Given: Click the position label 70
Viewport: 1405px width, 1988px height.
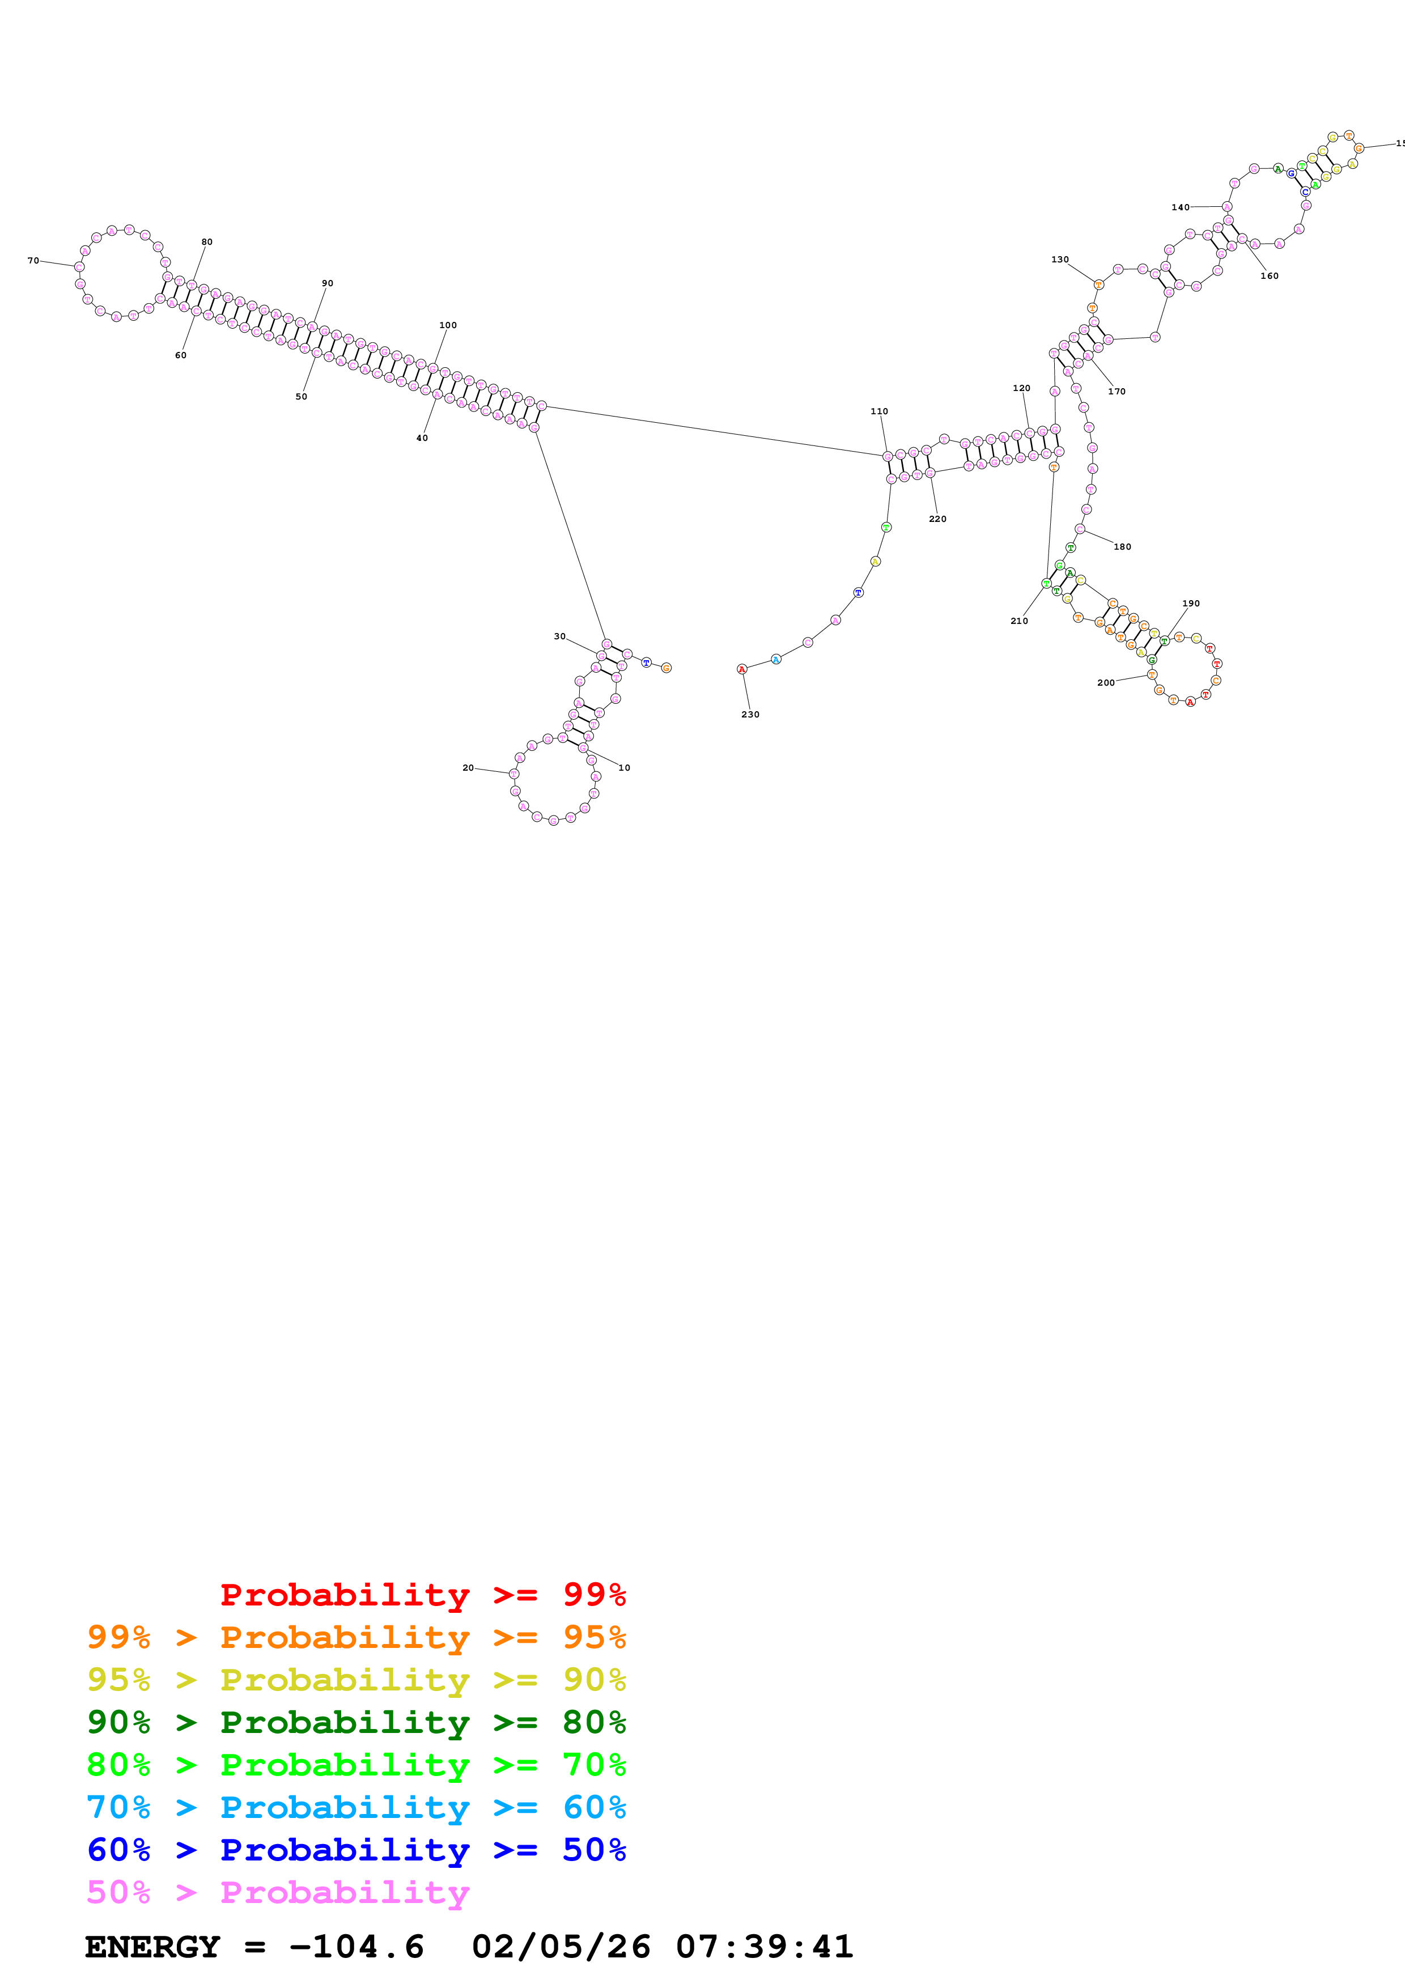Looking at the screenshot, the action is coord(33,261).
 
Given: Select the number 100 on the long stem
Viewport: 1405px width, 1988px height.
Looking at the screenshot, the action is coord(448,325).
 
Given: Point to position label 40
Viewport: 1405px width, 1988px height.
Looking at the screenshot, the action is coord(422,438).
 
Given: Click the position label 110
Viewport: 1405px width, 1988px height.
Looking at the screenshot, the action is coord(878,411).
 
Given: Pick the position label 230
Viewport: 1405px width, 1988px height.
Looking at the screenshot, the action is coord(750,714).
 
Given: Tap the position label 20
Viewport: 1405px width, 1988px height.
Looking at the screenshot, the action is coord(468,768).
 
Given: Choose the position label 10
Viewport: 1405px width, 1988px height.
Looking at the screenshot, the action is coord(624,768).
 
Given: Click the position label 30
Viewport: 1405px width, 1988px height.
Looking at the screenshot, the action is coord(559,636).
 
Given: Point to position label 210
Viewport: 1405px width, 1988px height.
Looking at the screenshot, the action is coord(1019,621).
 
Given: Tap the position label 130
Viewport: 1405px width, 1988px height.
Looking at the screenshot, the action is coord(1060,260).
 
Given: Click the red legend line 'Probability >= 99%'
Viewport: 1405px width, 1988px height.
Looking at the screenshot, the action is coord(422,1594).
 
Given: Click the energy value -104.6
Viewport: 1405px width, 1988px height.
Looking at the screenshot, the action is coord(356,1947).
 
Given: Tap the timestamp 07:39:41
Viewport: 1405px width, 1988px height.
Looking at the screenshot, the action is coord(765,1947).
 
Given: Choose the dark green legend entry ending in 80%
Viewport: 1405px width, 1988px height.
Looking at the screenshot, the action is coord(356,1722).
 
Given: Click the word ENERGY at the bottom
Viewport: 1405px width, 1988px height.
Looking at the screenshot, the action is coord(152,1947).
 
